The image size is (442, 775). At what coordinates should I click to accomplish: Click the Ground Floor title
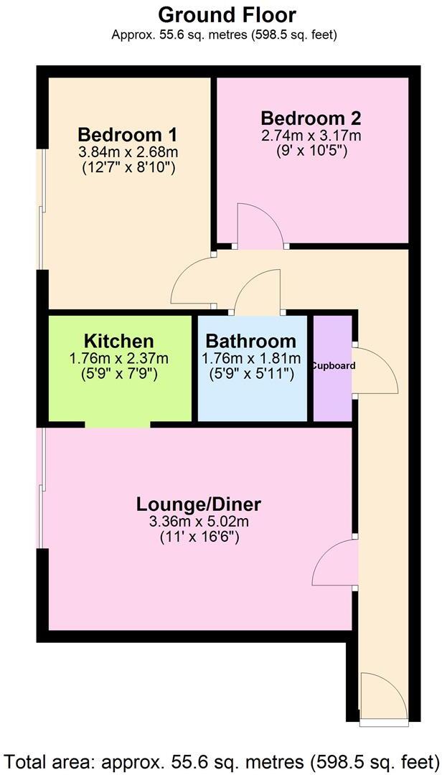point(227,14)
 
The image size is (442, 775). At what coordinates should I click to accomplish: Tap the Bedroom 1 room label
point(128,135)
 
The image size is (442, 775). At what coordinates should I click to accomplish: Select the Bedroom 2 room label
point(311,118)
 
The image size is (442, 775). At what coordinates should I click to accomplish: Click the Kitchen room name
point(119,342)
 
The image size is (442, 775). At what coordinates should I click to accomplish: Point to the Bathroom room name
point(250,342)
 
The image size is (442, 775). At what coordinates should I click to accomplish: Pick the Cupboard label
point(333,366)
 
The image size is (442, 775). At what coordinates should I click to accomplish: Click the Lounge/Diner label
point(199,504)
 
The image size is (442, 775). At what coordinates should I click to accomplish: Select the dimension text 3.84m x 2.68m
point(128,152)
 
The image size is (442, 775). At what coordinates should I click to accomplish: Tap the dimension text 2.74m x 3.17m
point(311,135)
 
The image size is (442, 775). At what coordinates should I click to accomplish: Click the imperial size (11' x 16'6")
point(199,537)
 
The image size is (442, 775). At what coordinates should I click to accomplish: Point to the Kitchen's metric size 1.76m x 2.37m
point(119,358)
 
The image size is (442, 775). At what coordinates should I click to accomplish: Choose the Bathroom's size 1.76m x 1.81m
point(250,358)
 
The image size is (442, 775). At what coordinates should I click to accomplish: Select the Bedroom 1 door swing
point(192,282)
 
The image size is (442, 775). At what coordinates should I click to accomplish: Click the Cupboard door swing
point(375,370)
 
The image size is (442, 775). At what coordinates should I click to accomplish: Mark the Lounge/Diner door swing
point(334,563)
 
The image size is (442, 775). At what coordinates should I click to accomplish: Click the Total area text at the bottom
point(221,759)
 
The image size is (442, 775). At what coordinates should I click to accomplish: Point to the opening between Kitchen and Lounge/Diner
point(118,425)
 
